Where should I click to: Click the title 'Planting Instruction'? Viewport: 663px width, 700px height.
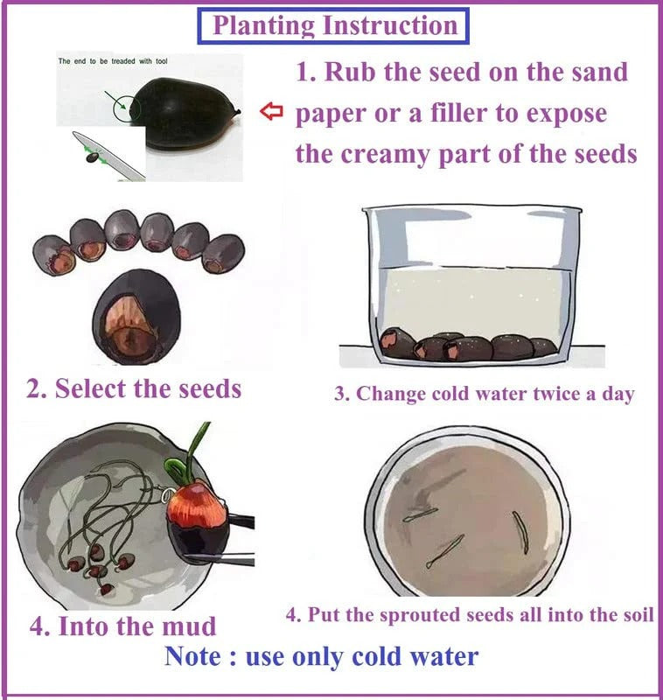pos(335,25)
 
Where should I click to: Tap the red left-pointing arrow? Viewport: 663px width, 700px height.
pos(273,112)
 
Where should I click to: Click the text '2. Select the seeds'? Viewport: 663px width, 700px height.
pos(134,388)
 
